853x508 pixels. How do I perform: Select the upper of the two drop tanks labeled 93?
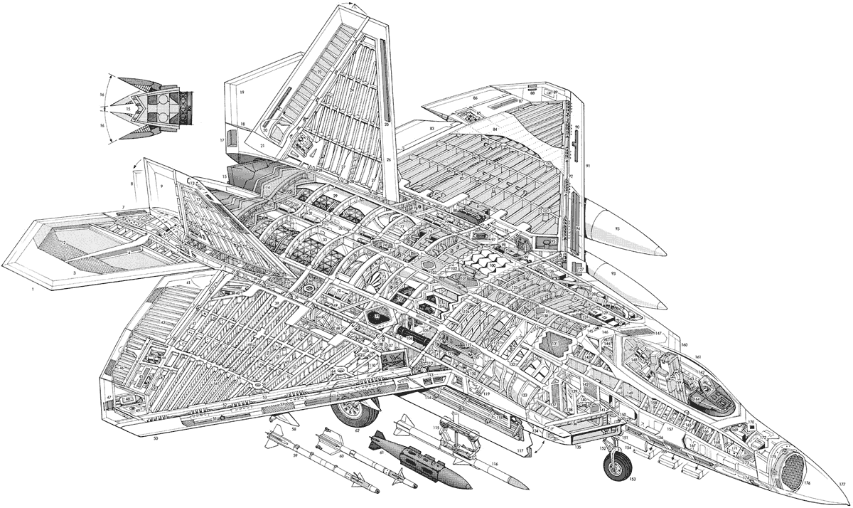click(x=626, y=228)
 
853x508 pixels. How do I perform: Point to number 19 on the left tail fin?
click(x=242, y=93)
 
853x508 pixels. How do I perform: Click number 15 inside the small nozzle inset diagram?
click(x=129, y=108)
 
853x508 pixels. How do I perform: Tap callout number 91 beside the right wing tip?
click(x=588, y=166)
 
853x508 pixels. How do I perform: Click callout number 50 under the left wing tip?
click(x=155, y=440)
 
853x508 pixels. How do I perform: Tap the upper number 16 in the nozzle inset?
click(x=102, y=94)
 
